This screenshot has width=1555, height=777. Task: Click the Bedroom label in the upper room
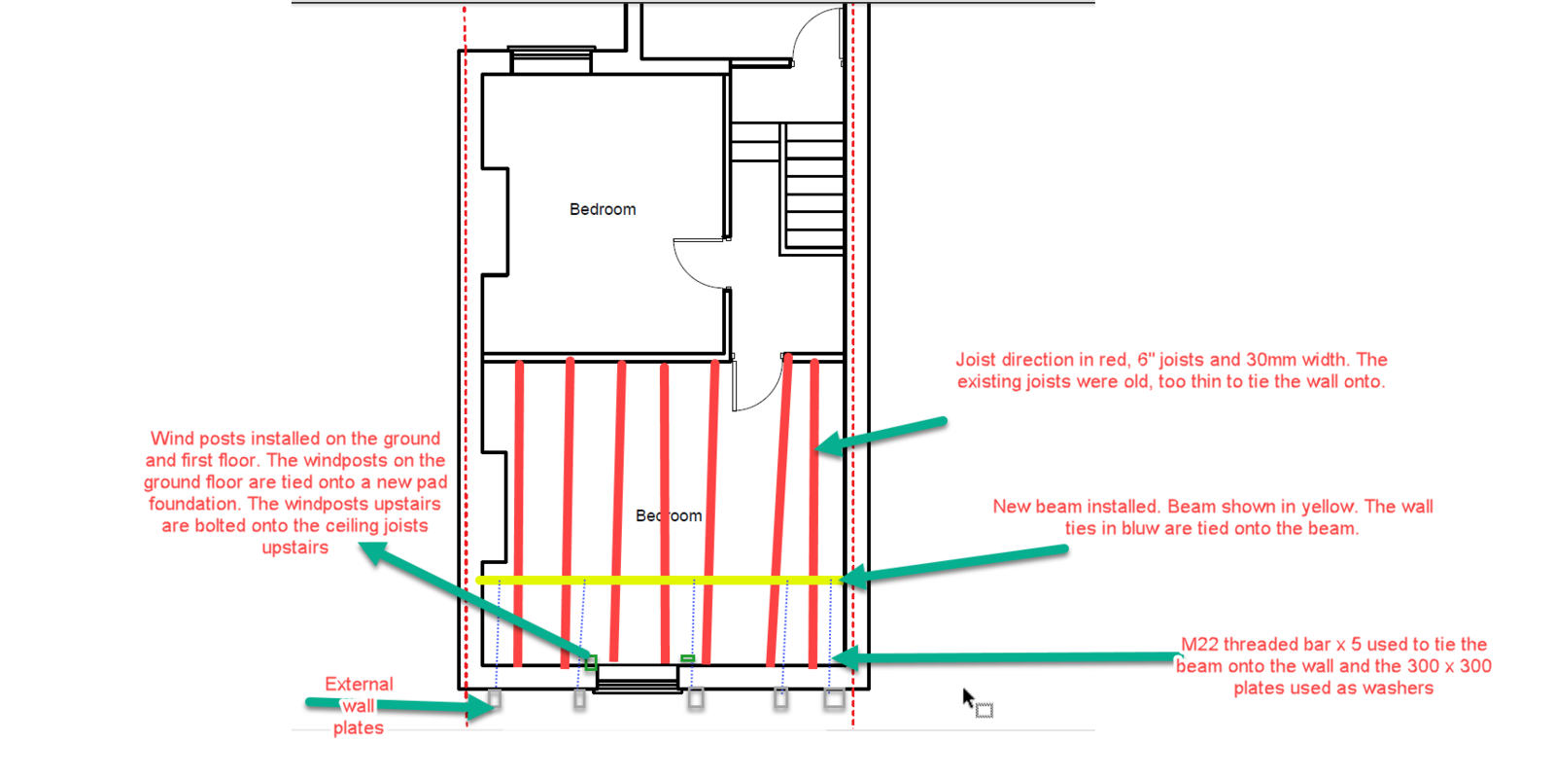pyautogui.click(x=603, y=210)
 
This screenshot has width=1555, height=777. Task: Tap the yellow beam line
pyautogui.click(x=660, y=580)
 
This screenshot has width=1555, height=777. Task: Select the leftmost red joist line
pyautogui.click(x=519, y=513)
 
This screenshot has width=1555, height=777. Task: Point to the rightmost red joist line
pyautogui.click(x=814, y=513)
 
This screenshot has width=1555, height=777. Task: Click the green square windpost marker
pyautogui.click(x=591, y=662)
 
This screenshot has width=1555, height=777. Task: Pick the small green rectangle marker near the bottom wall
pyautogui.click(x=687, y=658)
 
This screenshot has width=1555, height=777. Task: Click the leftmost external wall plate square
pyautogui.click(x=495, y=698)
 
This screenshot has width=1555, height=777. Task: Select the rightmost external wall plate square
pyautogui.click(x=835, y=698)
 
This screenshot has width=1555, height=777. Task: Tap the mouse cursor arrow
pyautogui.click(x=968, y=697)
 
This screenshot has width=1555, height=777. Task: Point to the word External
pyautogui.click(x=359, y=684)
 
